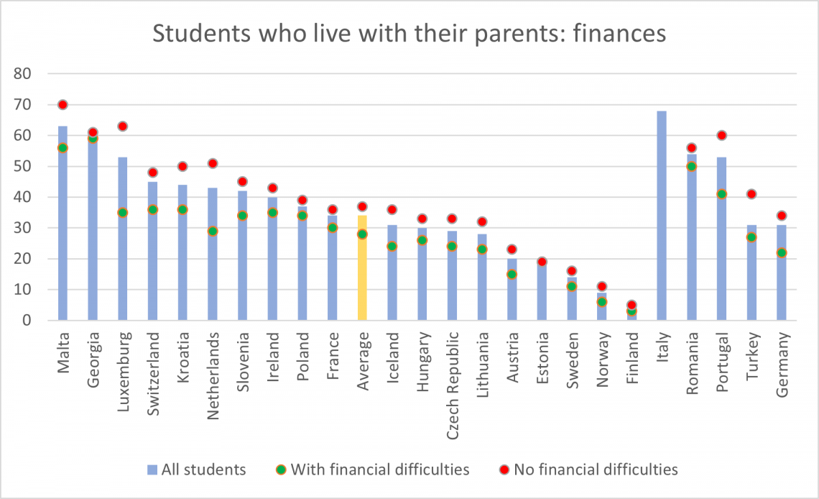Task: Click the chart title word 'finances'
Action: click(x=617, y=34)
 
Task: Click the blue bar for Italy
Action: click(x=661, y=216)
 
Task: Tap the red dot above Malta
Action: click(x=63, y=104)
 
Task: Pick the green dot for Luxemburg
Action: click(x=123, y=213)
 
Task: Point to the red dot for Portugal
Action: click(x=721, y=135)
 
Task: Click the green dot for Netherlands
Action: click(x=213, y=231)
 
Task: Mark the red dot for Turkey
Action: click(x=751, y=194)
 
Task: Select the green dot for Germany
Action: click(x=782, y=252)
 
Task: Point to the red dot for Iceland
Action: click(x=392, y=210)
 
